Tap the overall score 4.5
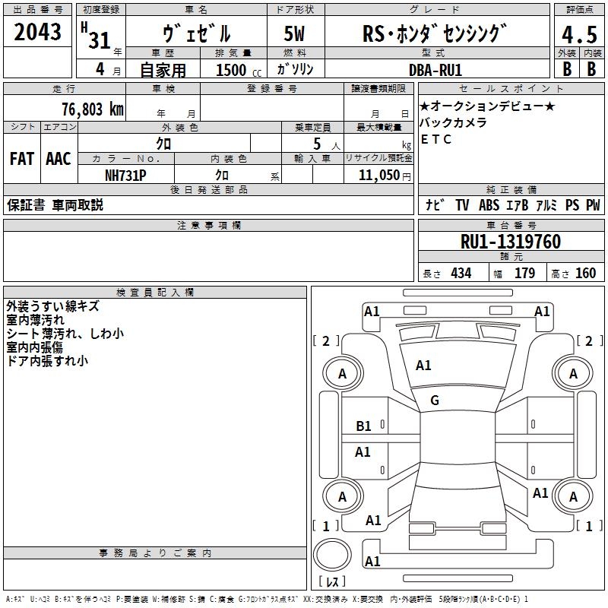578,35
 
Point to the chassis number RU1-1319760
511,242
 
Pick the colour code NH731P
125,175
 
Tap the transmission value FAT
21,159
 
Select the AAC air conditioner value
58,159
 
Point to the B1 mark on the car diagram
364,426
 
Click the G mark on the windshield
435,401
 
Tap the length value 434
460,274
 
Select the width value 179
524,274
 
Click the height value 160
585,274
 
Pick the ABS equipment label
489,205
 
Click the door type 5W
295,34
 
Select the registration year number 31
99,40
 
